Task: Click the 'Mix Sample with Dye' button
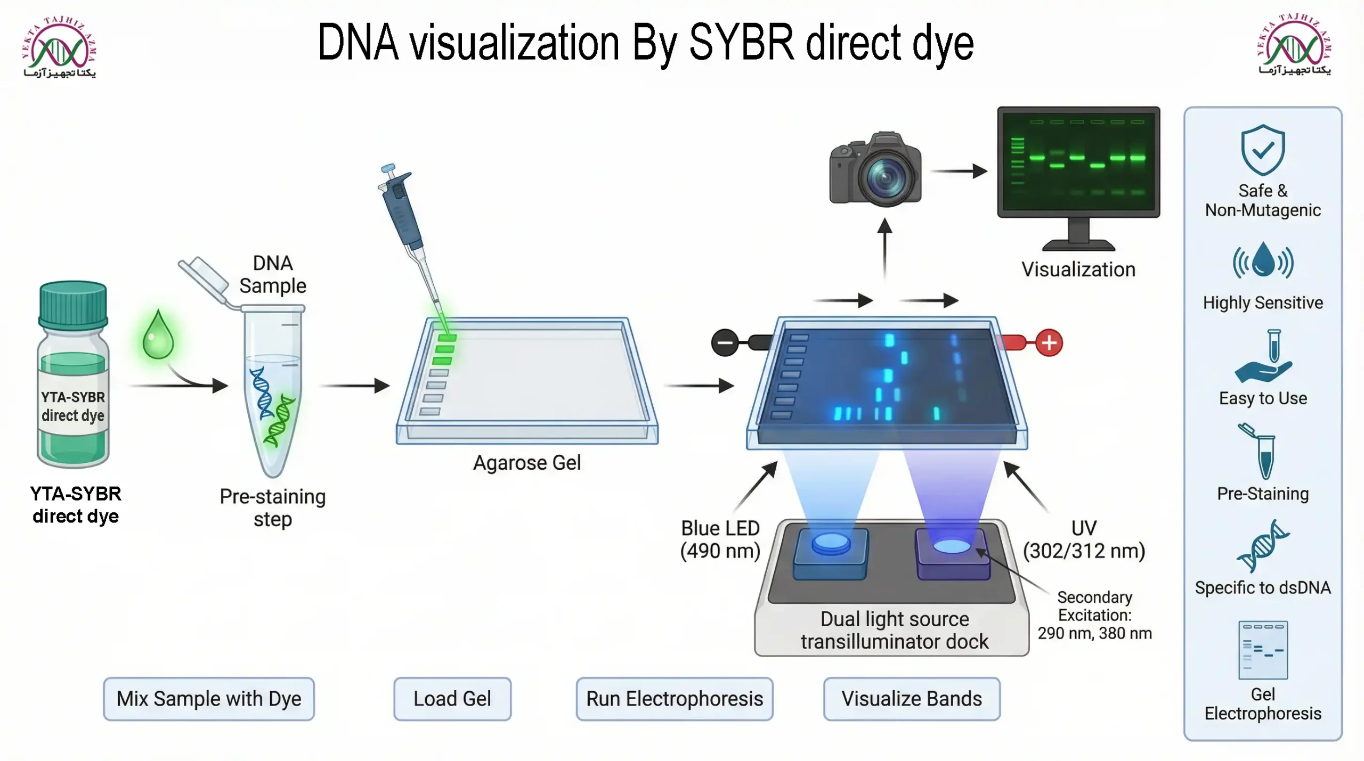tap(209, 699)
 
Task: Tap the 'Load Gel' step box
tap(452, 699)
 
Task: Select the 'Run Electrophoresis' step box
tap(675, 699)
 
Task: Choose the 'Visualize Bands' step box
tap(912, 699)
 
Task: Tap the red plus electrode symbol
tap(1049, 343)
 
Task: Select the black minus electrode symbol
tap(725, 342)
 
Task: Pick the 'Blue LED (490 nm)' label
tap(720, 539)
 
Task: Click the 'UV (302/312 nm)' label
tap(1084, 539)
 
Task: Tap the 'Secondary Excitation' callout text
tap(1094, 615)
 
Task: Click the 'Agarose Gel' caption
tap(527, 463)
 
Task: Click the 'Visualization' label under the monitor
tap(1078, 269)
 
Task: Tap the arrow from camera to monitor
tap(959, 171)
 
